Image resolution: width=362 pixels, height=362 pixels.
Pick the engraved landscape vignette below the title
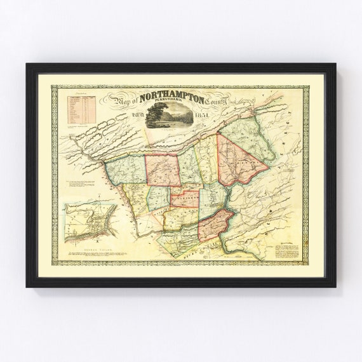click(168, 116)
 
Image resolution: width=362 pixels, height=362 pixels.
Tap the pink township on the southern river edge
click(216, 225)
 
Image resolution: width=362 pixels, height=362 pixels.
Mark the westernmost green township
click(126, 169)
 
